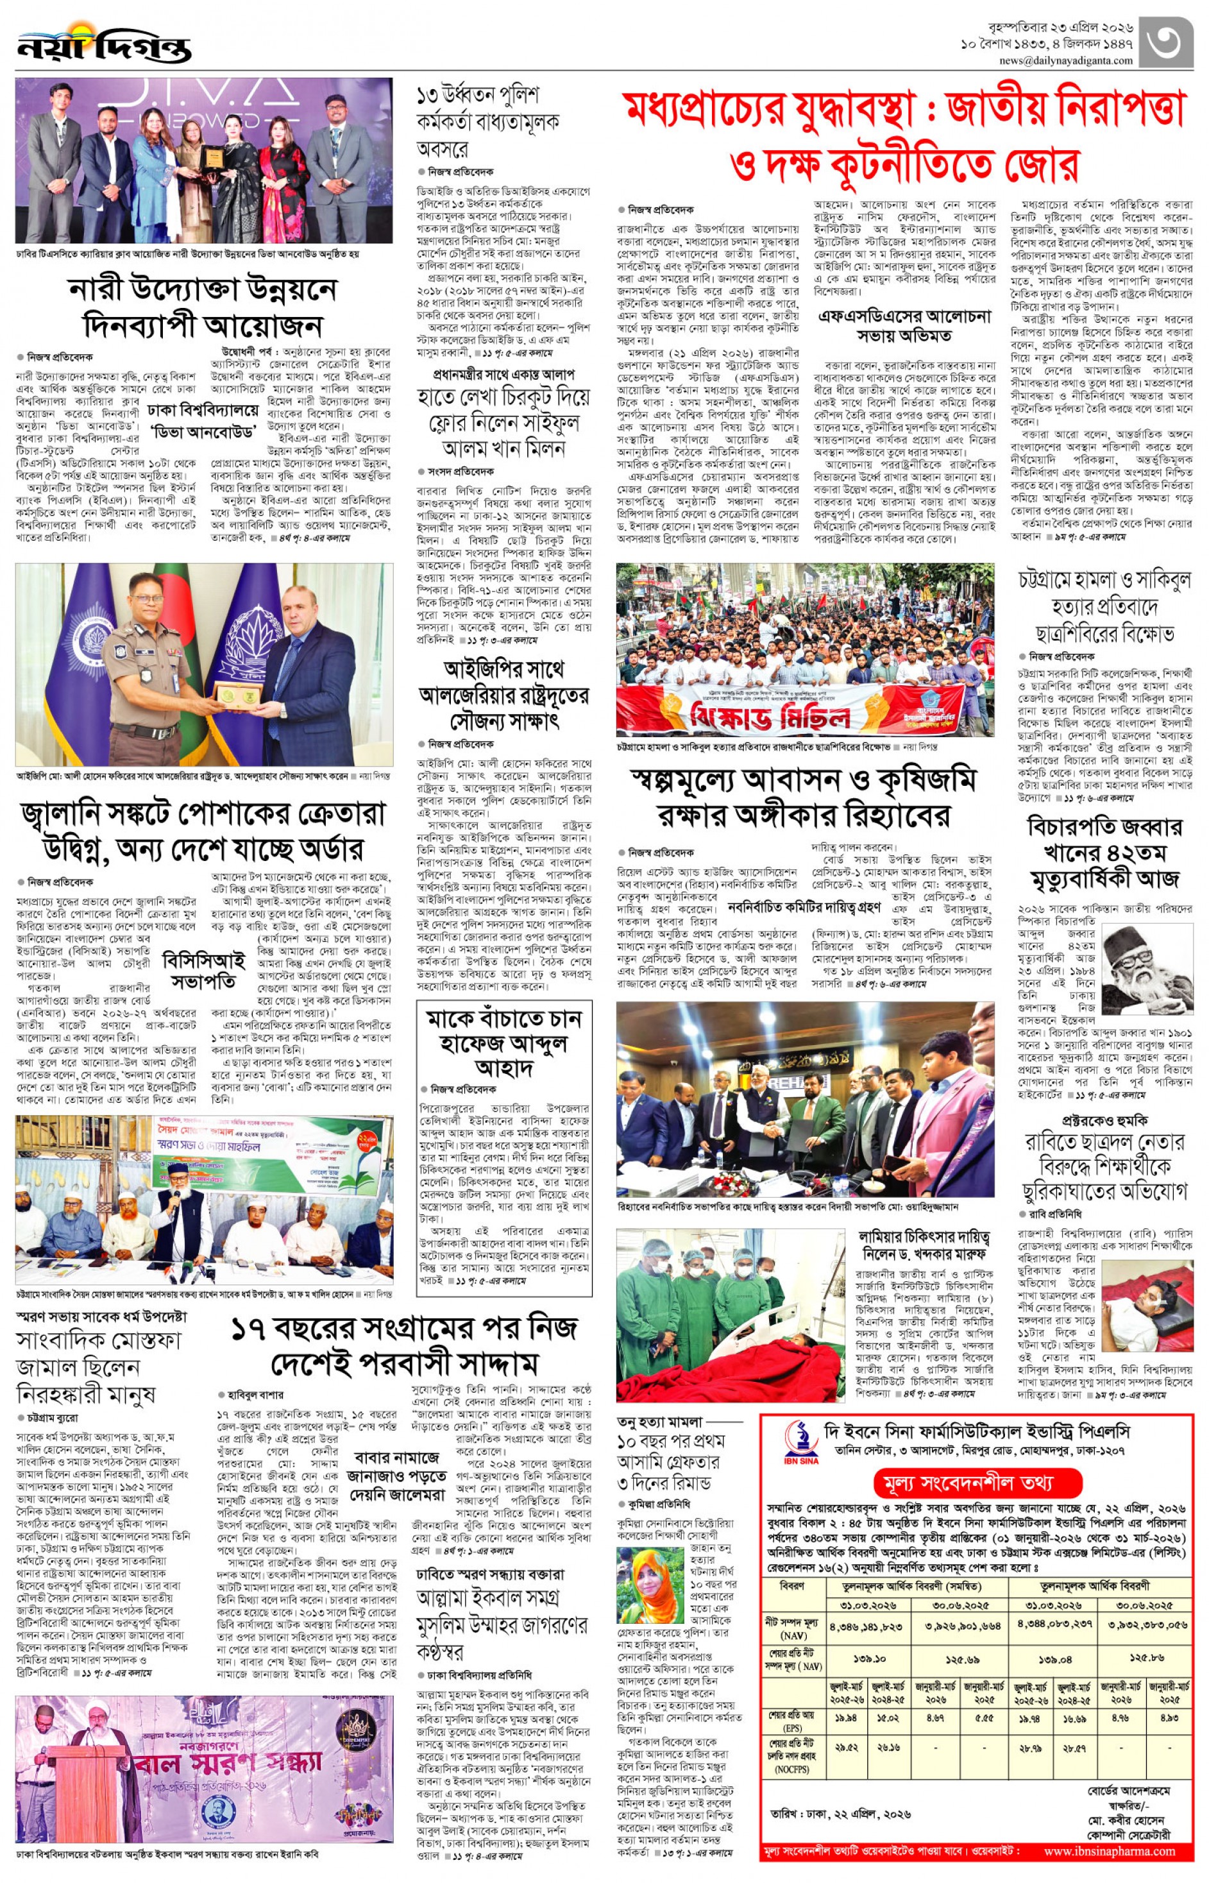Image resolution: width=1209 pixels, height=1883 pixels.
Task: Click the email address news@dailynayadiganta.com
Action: (1065, 60)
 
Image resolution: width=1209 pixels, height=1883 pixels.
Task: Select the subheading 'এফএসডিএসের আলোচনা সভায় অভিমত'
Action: (904, 326)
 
